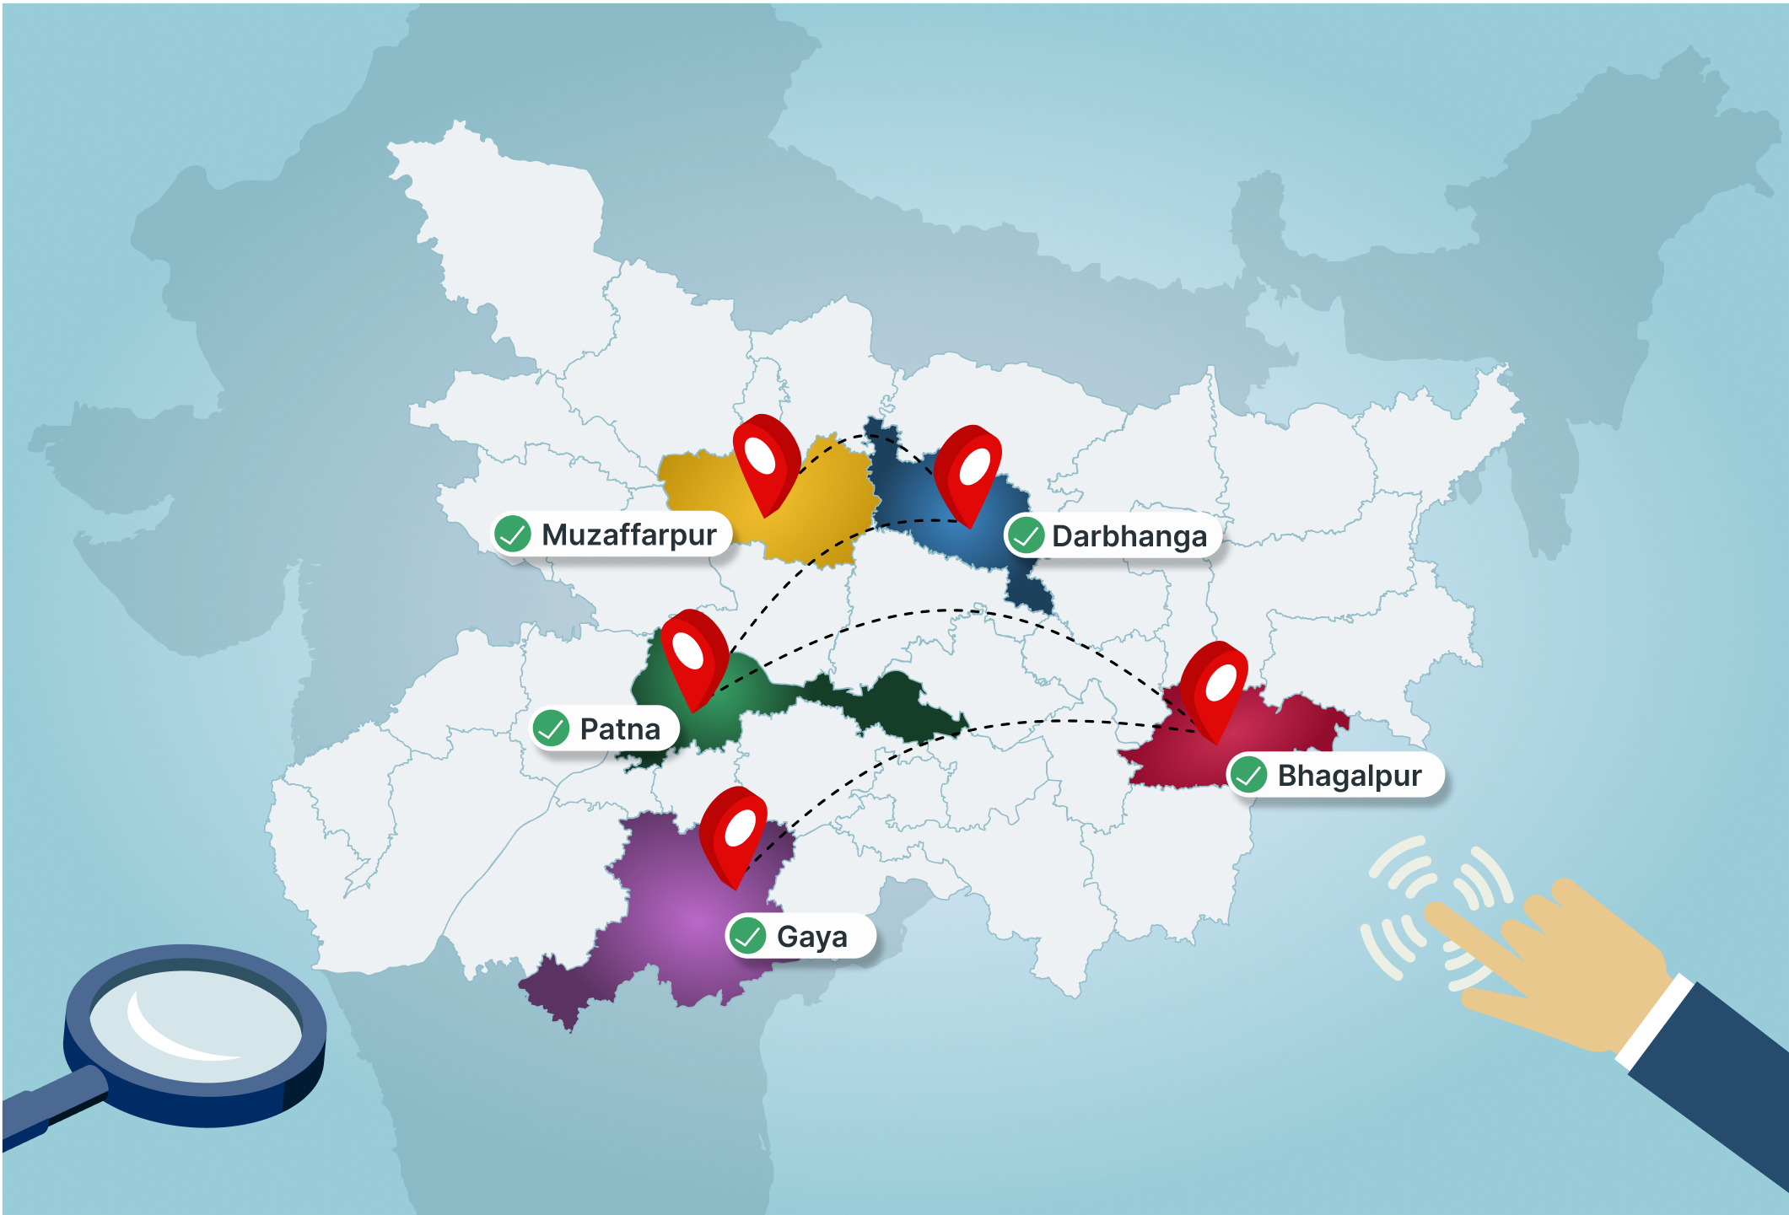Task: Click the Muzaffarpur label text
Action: [x=628, y=535]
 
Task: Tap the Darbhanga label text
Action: [x=1129, y=536]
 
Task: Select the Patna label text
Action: [x=620, y=728]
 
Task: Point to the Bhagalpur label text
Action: [x=1349, y=776]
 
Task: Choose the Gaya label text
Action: [x=811, y=937]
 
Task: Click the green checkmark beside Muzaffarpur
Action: [x=513, y=534]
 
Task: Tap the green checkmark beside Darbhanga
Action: [x=1026, y=535]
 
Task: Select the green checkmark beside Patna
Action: [x=552, y=728]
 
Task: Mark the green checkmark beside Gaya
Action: [x=747, y=936]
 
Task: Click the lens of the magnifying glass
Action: [x=194, y=1024]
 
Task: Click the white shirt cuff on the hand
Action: [x=1653, y=1021]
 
